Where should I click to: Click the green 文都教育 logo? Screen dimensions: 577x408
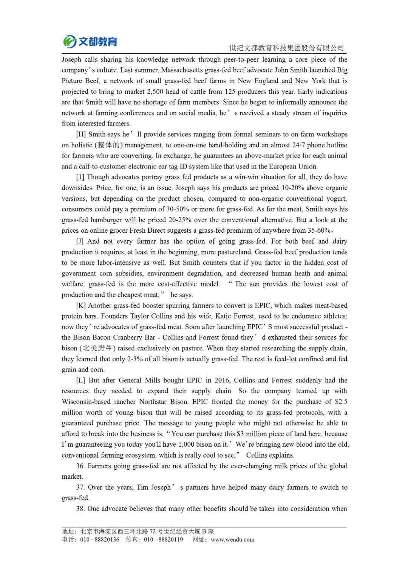90,41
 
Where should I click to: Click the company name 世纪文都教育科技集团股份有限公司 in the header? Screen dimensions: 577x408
286,48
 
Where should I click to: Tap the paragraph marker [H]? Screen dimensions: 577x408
81,134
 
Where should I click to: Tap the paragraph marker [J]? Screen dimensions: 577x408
80,241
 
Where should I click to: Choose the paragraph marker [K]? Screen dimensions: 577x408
81,305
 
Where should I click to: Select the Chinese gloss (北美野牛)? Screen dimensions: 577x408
97,348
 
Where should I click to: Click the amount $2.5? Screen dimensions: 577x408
341,402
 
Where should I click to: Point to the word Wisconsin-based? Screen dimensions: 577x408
86,402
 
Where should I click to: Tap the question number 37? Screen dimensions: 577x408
80,487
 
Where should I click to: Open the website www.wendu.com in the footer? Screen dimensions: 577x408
232,540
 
